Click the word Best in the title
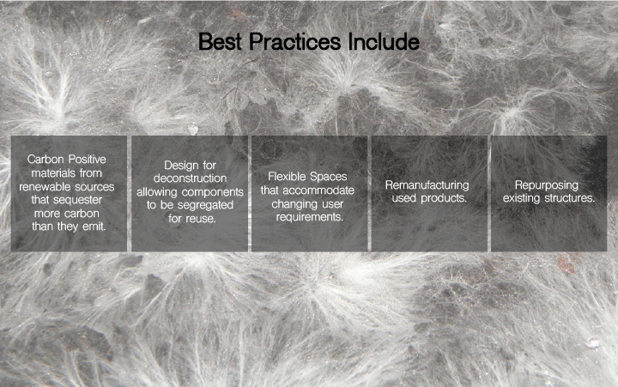tap(220, 41)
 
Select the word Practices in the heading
tap(294, 41)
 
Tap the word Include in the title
tap(384, 41)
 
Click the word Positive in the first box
tap(87, 160)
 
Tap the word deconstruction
tap(190, 178)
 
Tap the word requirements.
tap(309, 217)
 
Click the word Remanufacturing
tap(427, 184)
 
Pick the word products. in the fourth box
tap(444, 198)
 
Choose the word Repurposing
tap(547, 185)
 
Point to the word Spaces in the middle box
tap(328, 177)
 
